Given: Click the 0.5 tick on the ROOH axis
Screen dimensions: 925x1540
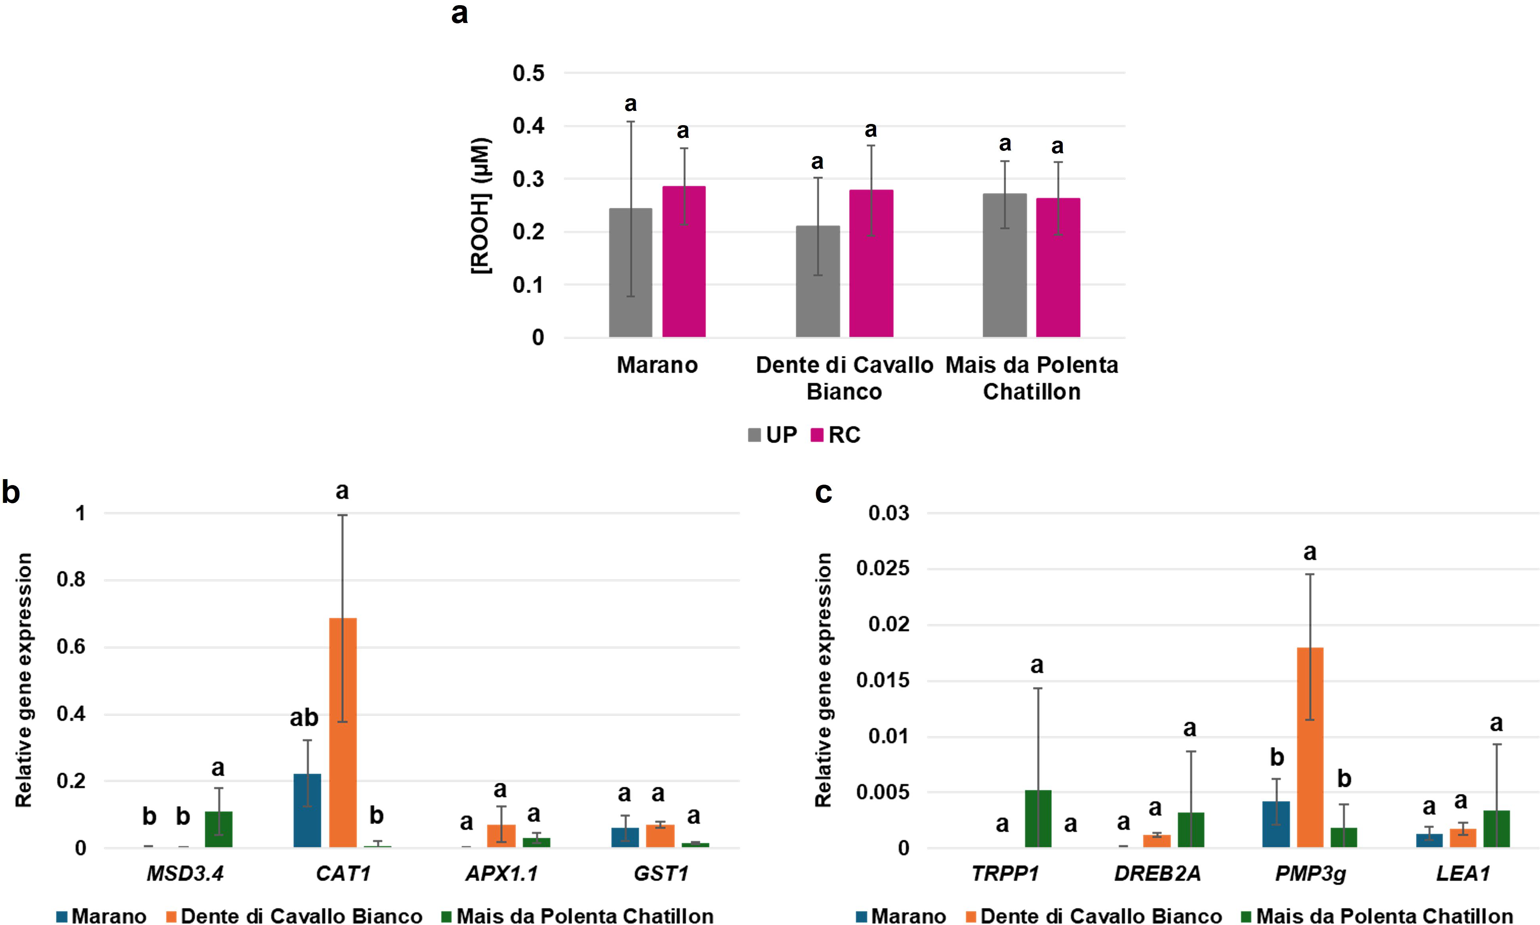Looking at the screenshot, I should coord(528,73).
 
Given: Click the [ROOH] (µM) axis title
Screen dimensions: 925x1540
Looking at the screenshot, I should coord(481,205).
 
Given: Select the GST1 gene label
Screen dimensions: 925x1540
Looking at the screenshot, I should coord(661,873).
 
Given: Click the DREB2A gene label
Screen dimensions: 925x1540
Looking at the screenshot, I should coord(1157,873).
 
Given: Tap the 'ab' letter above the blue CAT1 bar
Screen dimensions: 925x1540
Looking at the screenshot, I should coord(304,718).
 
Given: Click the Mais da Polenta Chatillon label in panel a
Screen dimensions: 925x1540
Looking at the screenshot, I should coord(1031,378).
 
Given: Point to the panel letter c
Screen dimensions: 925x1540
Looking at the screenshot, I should coord(823,493).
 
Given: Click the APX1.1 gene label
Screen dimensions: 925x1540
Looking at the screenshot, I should coord(501,873).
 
